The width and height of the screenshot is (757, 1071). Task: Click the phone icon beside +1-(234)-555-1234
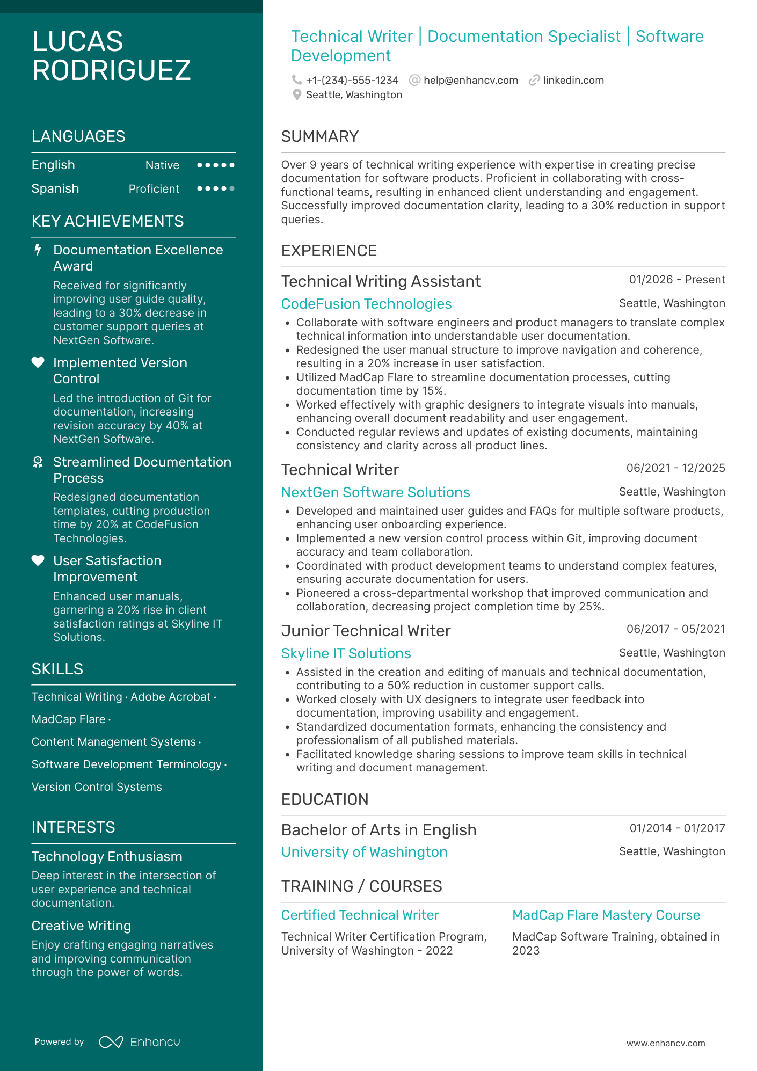coord(296,80)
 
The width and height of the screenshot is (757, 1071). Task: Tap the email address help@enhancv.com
coord(470,81)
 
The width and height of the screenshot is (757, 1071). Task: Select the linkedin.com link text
coord(573,81)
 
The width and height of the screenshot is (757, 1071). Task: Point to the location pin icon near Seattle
coord(296,95)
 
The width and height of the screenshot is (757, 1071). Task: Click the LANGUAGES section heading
coord(78,136)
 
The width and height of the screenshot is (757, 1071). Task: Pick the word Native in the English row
coord(162,165)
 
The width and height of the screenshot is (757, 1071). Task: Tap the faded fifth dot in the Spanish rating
coord(232,188)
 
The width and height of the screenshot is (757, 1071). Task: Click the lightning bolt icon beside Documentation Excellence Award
coord(38,250)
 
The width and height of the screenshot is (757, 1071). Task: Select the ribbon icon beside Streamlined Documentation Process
coord(38,462)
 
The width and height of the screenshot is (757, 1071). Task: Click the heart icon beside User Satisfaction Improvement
coord(38,560)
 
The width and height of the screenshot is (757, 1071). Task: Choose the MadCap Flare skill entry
coord(68,719)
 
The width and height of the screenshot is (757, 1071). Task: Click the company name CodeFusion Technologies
coord(366,304)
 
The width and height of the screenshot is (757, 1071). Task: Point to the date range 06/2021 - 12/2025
coord(675,468)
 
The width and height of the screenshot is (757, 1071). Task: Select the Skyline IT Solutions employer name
coord(346,653)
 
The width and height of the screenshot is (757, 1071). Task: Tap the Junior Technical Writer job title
coord(366,631)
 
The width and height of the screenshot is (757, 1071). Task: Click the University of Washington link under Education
coord(364,852)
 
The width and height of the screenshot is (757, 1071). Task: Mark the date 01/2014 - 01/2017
coord(677,828)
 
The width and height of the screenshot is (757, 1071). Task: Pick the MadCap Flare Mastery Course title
coord(606,915)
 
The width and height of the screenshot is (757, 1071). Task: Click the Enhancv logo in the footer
coord(140,1042)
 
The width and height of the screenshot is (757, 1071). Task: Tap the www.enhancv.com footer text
coord(665,1043)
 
